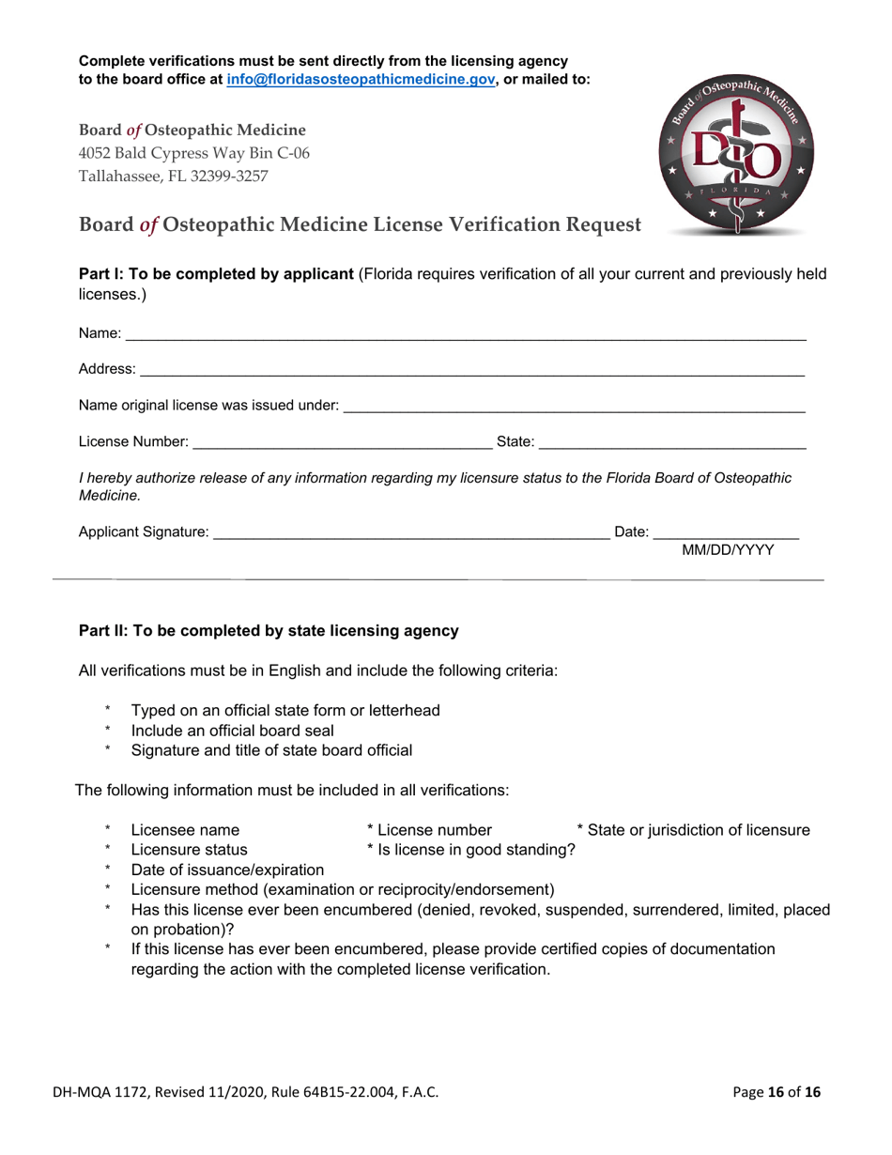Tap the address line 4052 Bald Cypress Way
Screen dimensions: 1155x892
[x=194, y=152]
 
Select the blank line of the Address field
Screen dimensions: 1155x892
[x=471, y=370]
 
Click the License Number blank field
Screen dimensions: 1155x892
[x=335, y=440]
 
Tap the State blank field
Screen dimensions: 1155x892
[x=671, y=440]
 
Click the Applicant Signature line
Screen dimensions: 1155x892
[x=410, y=532]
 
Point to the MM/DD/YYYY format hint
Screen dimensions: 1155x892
[x=728, y=550]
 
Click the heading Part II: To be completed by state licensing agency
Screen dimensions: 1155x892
[x=269, y=631]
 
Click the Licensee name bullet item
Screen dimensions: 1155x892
[x=185, y=829]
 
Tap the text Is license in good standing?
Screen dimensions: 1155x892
[x=471, y=850]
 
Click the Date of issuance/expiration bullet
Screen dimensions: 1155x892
[x=227, y=870]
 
